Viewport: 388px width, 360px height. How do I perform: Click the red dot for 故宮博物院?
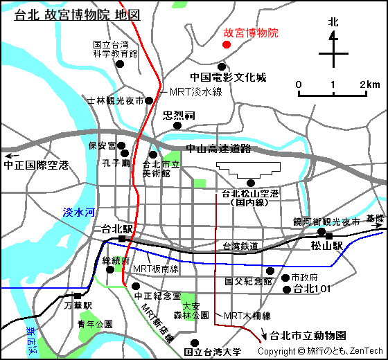(225, 44)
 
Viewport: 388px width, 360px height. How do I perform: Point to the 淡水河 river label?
(78, 213)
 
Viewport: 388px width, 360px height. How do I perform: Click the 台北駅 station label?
(116, 228)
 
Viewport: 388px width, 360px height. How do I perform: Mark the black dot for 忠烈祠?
(178, 126)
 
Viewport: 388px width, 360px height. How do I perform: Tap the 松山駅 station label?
(327, 246)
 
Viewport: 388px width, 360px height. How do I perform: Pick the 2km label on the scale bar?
(369, 84)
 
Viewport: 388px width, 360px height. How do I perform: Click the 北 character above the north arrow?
(333, 22)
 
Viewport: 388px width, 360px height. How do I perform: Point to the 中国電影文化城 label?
(228, 78)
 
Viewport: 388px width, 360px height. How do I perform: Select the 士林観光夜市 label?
(116, 100)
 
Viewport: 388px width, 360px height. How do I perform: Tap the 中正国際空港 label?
(36, 165)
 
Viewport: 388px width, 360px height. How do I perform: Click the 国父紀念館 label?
(249, 282)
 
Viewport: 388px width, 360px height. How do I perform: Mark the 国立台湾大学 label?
(213, 352)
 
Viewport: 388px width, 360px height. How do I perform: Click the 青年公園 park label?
(96, 324)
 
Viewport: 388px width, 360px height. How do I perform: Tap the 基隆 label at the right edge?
(375, 219)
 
